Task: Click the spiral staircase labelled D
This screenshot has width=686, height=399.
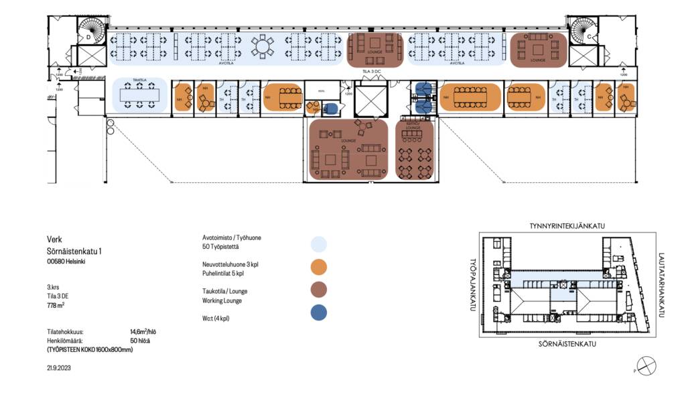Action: (x=92, y=31)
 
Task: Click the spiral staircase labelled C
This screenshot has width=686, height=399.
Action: (x=583, y=31)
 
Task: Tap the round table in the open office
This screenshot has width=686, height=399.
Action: (x=262, y=46)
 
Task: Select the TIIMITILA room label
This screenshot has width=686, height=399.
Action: (x=139, y=80)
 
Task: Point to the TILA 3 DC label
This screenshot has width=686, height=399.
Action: (x=372, y=70)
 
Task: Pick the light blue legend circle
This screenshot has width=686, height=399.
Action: (x=320, y=243)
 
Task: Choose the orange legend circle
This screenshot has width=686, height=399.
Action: (x=320, y=267)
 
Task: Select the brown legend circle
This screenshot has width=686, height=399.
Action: (x=320, y=290)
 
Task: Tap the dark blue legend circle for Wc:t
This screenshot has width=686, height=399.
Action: (x=320, y=312)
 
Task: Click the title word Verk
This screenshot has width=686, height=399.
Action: (x=54, y=239)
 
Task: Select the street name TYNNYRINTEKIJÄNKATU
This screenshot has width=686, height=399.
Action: (x=567, y=226)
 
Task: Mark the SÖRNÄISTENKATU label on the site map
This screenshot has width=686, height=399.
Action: (x=567, y=344)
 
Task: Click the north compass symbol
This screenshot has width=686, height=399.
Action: (x=646, y=366)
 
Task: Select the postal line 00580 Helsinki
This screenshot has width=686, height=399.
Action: (x=66, y=262)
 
